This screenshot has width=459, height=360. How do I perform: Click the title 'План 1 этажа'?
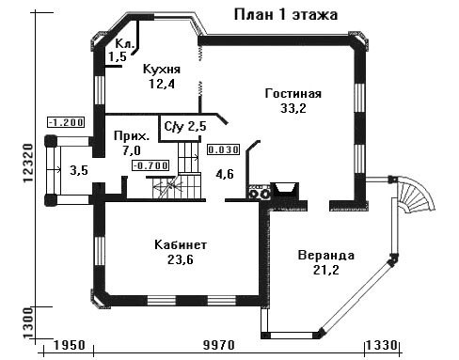pyautogui.click(x=286, y=15)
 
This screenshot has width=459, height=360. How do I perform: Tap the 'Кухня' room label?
pyautogui.click(x=162, y=70)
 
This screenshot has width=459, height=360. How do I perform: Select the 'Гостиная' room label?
pyautogui.click(x=293, y=94)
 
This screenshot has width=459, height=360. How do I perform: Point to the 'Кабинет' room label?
pyautogui.click(x=181, y=244)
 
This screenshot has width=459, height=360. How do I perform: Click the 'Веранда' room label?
pyautogui.click(x=326, y=256)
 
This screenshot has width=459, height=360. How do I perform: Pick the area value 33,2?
pyautogui.click(x=293, y=108)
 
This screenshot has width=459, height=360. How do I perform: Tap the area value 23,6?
pyautogui.click(x=181, y=259)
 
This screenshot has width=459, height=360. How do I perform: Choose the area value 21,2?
pyautogui.click(x=326, y=270)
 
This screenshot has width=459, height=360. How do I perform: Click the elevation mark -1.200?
pyautogui.click(x=66, y=122)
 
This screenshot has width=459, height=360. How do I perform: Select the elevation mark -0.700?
pyautogui.click(x=150, y=165)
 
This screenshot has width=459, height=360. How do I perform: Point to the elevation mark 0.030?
pyautogui.click(x=223, y=149)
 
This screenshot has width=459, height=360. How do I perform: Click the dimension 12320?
pyautogui.click(x=28, y=163)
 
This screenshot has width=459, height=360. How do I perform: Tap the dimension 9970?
pyautogui.click(x=219, y=345)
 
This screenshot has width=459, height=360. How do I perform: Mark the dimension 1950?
pyautogui.click(x=70, y=345)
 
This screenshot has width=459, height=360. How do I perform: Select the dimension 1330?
pyautogui.click(x=382, y=345)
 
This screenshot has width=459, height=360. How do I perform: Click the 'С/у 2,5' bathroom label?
pyautogui.click(x=185, y=127)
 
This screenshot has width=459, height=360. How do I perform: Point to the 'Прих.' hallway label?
pyautogui.click(x=132, y=136)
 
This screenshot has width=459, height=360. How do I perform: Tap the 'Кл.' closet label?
pyautogui.click(x=124, y=43)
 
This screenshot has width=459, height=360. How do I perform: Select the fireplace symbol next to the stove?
pyautogui.click(x=284, y=190)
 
